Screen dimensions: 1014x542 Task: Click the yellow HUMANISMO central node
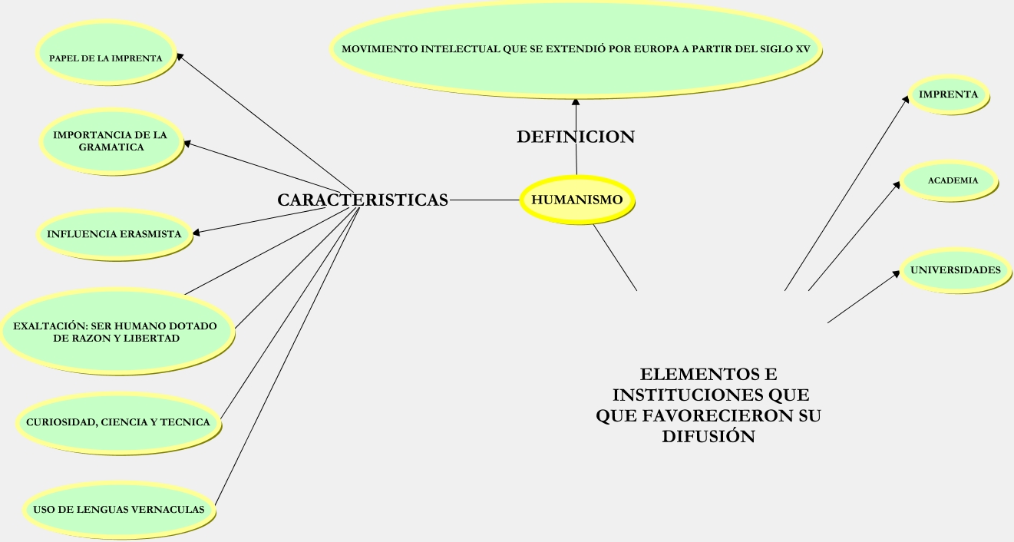click(577, 200)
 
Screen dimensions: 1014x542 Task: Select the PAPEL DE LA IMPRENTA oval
click(106, 58)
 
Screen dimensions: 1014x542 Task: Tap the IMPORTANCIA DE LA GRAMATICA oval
click(111, 140)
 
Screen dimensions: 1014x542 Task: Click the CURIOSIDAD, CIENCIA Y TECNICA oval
click(117, 422)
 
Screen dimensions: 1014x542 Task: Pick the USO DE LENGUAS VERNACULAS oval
click(118, 509)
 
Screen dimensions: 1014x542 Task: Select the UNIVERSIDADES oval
click(955, 270)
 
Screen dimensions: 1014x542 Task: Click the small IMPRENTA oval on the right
click(948, 94)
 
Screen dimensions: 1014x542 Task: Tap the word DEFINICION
click(576, 137)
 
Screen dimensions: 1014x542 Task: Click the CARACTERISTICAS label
click(362, 200)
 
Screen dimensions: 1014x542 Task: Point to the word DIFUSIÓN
click(708, 437)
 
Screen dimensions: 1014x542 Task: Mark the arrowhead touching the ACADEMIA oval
click(897, 183)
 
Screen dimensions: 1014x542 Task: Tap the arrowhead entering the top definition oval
click(575, 101)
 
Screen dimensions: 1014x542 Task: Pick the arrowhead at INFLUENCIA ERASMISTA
click(197, 232)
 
